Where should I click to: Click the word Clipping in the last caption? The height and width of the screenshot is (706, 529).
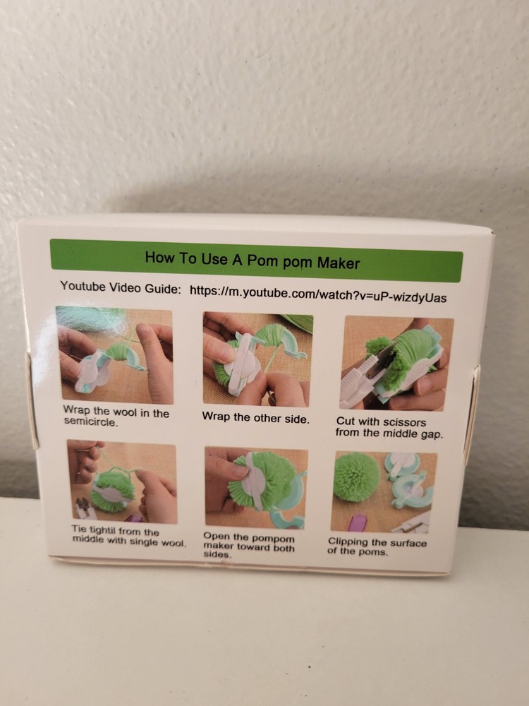(351, 542)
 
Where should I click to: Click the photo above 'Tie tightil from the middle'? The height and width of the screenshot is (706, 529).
(122, 481)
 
